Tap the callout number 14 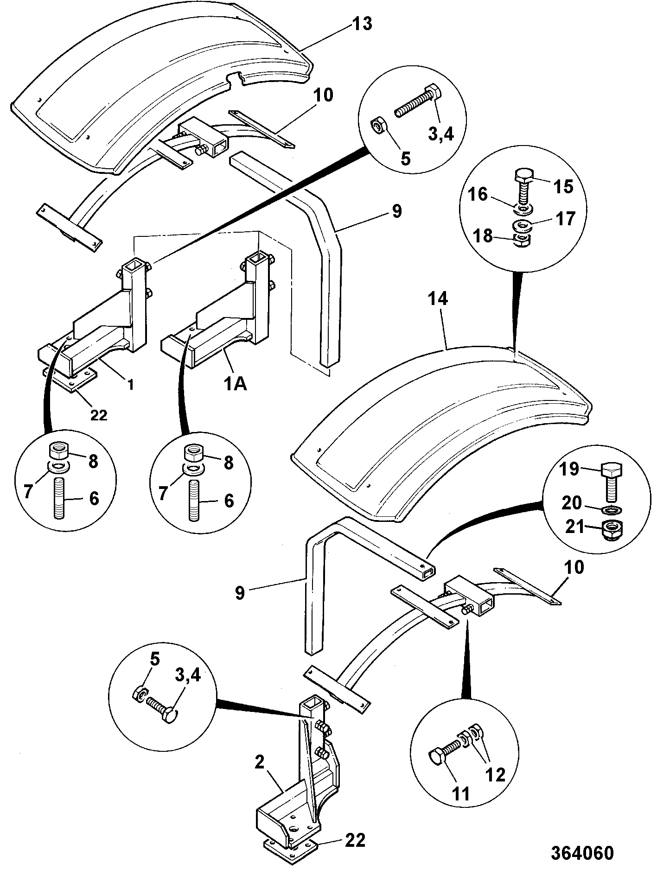(x=438, y=299)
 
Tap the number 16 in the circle (x=477, y=194)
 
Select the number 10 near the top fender (x=323, y=95)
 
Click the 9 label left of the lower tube (x=240, y=592)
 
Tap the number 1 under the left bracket (x=130, y=385)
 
